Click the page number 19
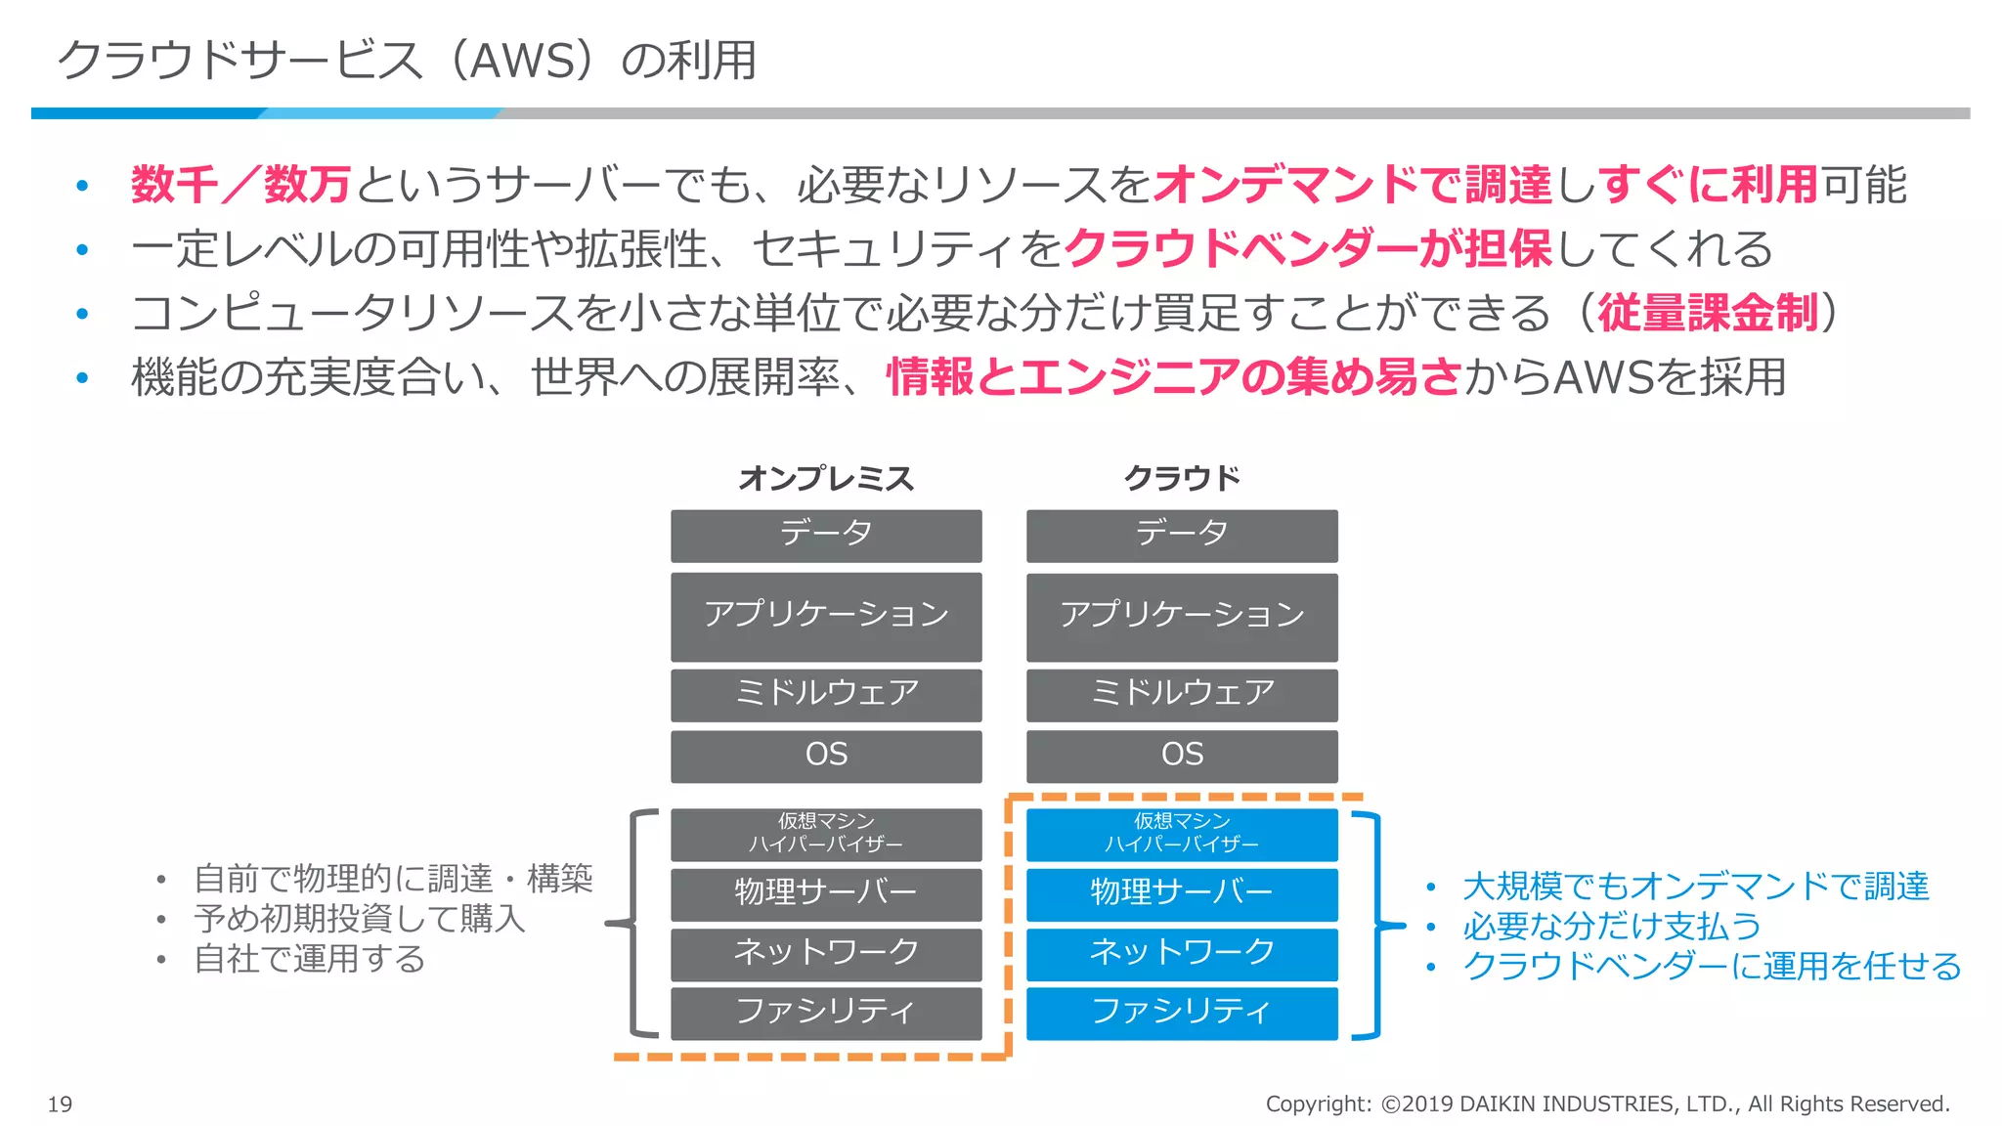[x=60, y=1104]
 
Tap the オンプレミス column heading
[x=825, y=478]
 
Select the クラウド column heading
[x=1181, y=478]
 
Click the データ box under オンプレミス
[x=826, y=535]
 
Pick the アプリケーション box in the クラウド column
[x=1182, y=616]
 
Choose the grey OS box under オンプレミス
[x=826, y=755]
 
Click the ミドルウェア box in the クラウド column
[x=1182, y=694]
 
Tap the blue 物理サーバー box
[x=1182, y=893]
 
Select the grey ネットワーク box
[x=826, y=953]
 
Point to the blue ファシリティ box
[x=1182, y=1013]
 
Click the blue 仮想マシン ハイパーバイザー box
[x=1182, y=834]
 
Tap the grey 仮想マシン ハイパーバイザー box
[x=826, y=834]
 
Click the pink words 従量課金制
[x=1707, y=313]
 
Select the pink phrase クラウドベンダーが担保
[x=1307, y=248]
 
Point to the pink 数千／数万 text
[x=240, y=185]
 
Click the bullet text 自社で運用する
[x=309, y=959]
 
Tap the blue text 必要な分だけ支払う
[x=1611, y=926]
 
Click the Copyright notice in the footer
[x=1607, y=1104]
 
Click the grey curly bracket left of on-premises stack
[x=633, y=923]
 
